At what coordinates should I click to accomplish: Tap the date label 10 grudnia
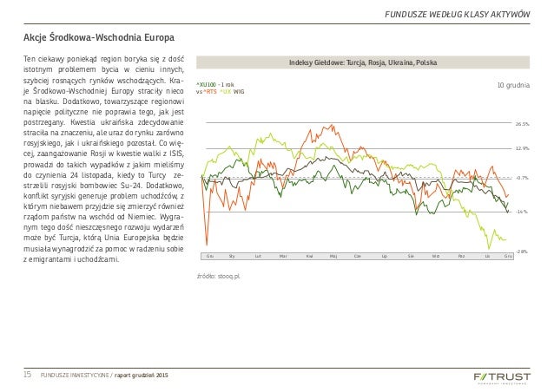(513, 85)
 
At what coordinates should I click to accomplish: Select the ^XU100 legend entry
(210, 84)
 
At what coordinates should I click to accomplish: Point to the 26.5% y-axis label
(522, 124)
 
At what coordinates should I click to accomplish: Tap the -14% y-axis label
(522, 212)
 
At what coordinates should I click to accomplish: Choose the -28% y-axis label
(522, 251)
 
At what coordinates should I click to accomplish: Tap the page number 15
(27, 374)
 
